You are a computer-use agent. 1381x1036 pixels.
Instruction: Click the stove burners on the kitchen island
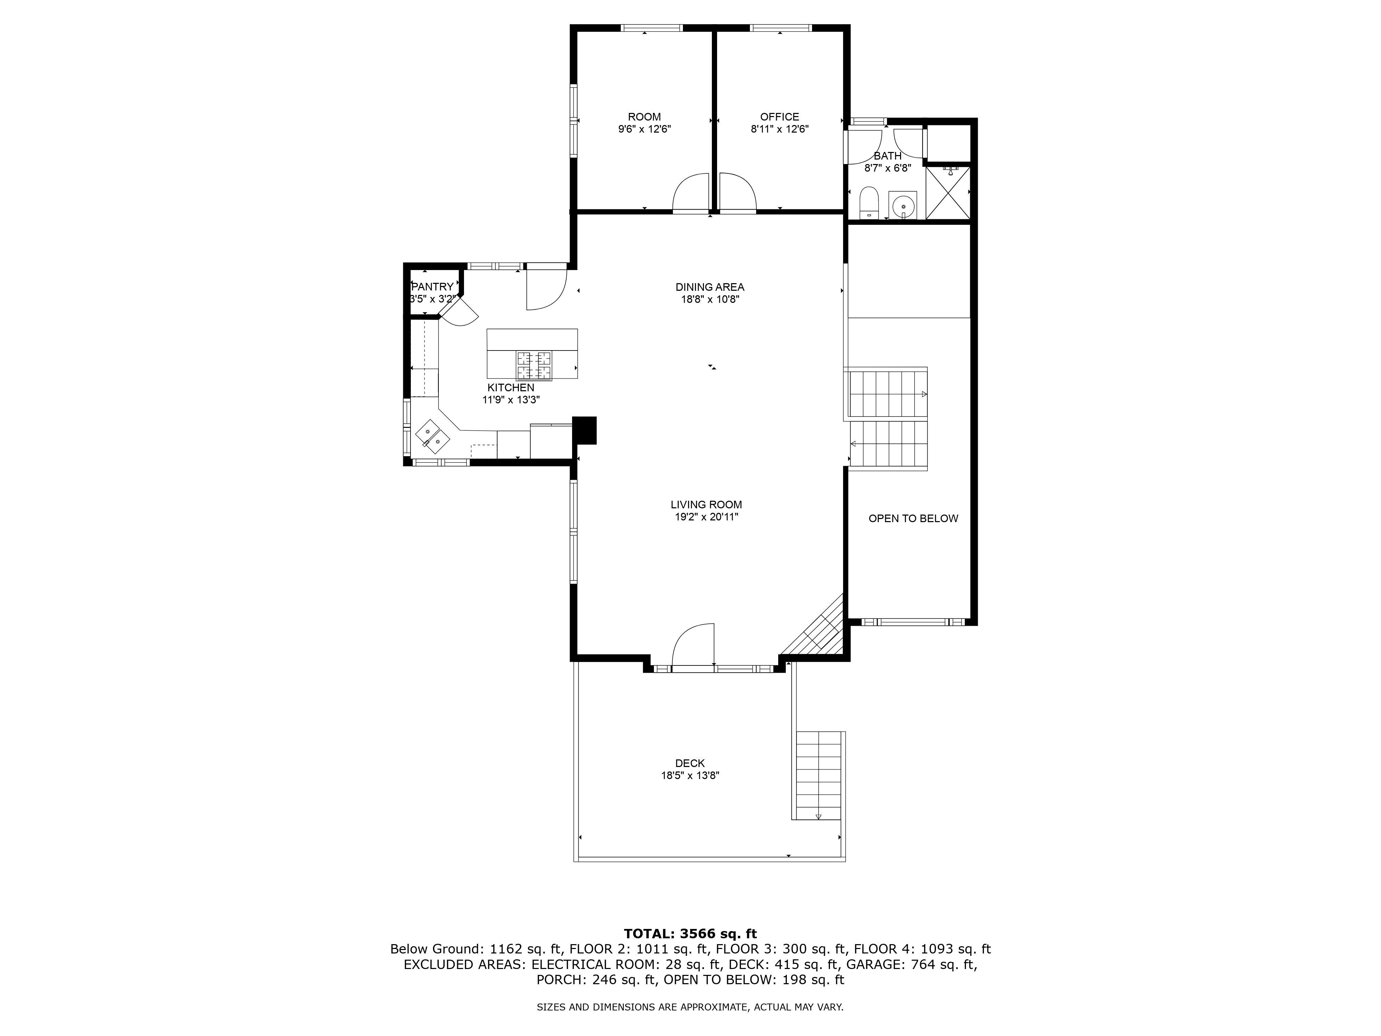(534, 365)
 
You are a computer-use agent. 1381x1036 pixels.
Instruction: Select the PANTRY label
(432, 287)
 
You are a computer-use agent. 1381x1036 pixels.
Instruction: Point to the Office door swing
(737, 194)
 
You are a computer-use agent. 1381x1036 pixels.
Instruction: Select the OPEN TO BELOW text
(913, 518)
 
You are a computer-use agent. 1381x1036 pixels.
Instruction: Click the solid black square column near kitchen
(585, 430)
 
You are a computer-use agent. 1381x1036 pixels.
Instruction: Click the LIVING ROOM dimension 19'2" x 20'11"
(706, 517)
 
